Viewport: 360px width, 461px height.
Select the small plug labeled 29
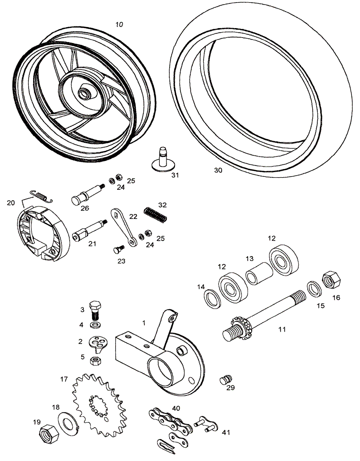[226, 379]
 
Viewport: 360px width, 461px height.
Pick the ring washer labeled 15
[314, 288]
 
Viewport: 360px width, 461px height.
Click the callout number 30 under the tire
[218, 170]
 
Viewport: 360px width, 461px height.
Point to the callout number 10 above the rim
[119, 24]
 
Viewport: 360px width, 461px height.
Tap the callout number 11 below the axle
[282, 329]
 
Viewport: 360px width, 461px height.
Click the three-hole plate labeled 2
[97, 343]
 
